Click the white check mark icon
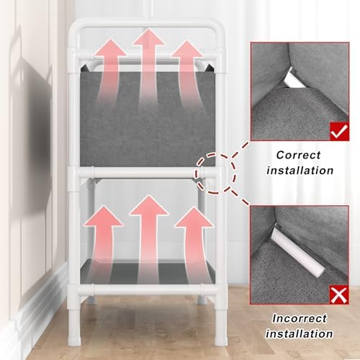pos(340,131)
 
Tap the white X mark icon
pos(338,294)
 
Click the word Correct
pos(298,155)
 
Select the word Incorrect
pos(300,318)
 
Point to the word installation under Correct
pos(300,171)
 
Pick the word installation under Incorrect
pos(300,334)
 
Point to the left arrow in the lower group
pos(102,243)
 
